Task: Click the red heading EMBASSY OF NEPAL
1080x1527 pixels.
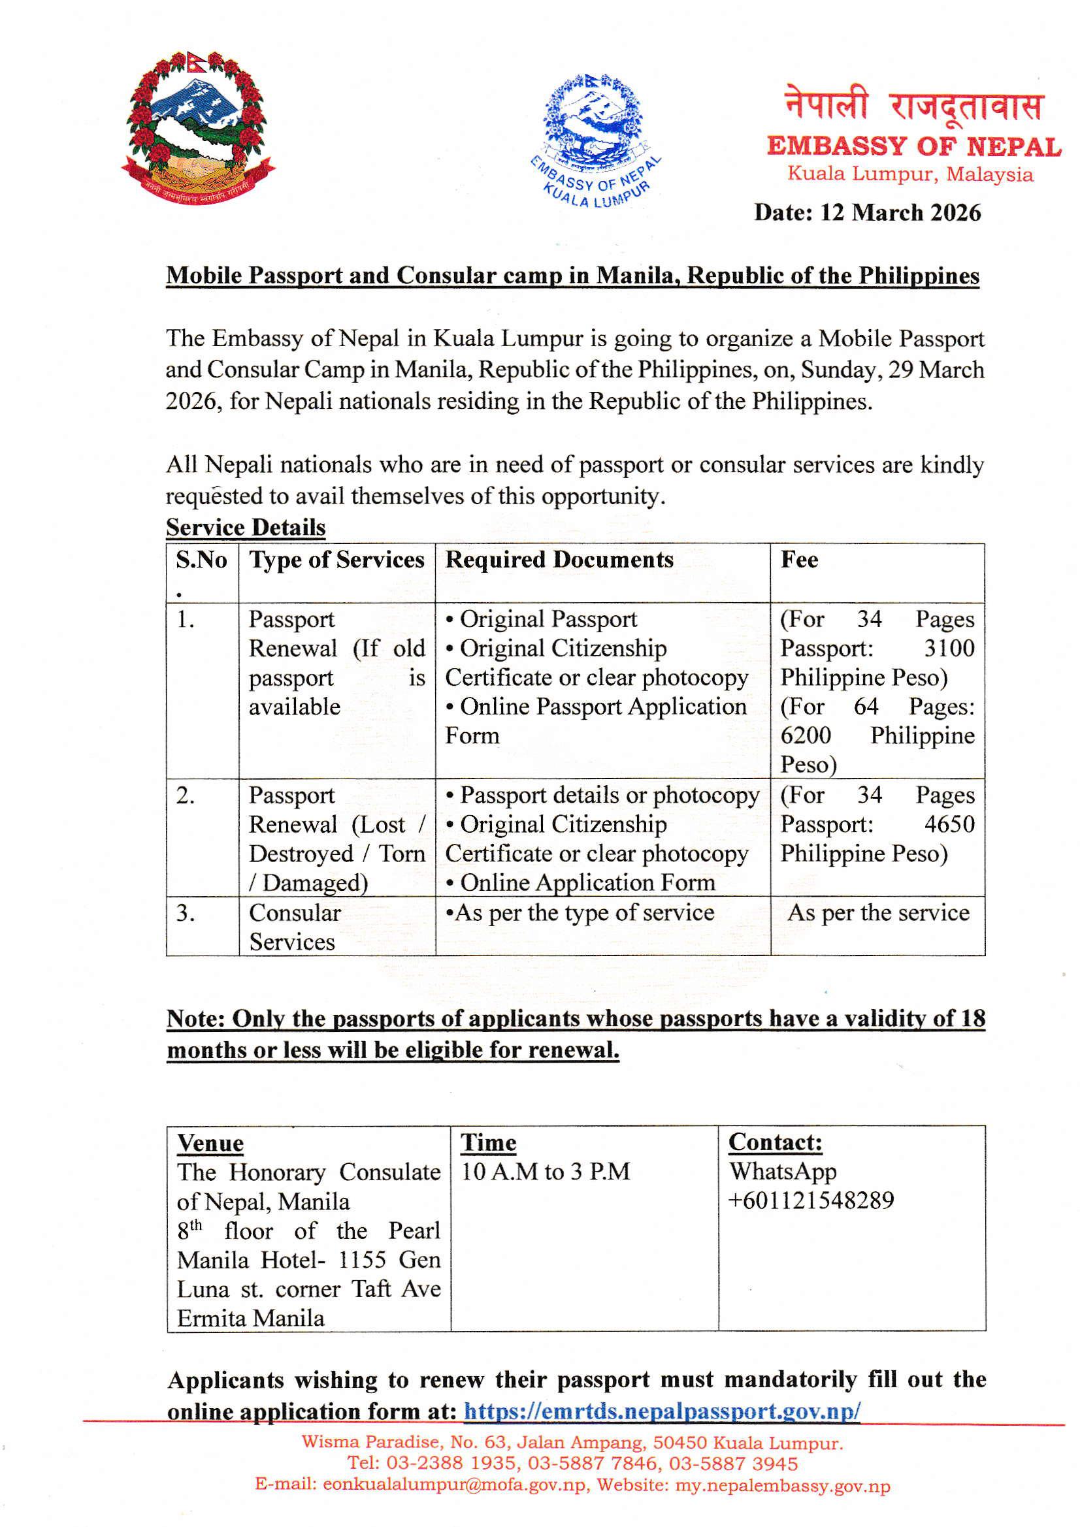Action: point(913,146)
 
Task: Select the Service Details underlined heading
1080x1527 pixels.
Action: point(246,528)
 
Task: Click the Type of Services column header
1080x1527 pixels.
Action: point(336,560)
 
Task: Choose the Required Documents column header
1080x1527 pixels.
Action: point(559,560)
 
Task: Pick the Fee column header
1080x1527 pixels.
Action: point(799,560)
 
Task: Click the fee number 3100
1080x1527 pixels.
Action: point(949,649)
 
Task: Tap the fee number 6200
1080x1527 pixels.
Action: point(805,735)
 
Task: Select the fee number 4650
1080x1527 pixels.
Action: point(949,825)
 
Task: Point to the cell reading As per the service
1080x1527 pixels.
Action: point(877,913)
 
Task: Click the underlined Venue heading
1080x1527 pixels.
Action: point(210,1143)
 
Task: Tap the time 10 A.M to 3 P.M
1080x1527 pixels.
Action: point(545,1172)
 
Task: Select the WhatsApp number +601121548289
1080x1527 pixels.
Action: point(811,1200)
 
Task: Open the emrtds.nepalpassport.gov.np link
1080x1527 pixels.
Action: point(662,1411)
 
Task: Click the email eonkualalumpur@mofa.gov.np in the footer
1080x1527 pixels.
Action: point(455,1486)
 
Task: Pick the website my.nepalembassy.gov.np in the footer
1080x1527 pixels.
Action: point(783,1486)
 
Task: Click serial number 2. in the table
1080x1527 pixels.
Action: point(186,796)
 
